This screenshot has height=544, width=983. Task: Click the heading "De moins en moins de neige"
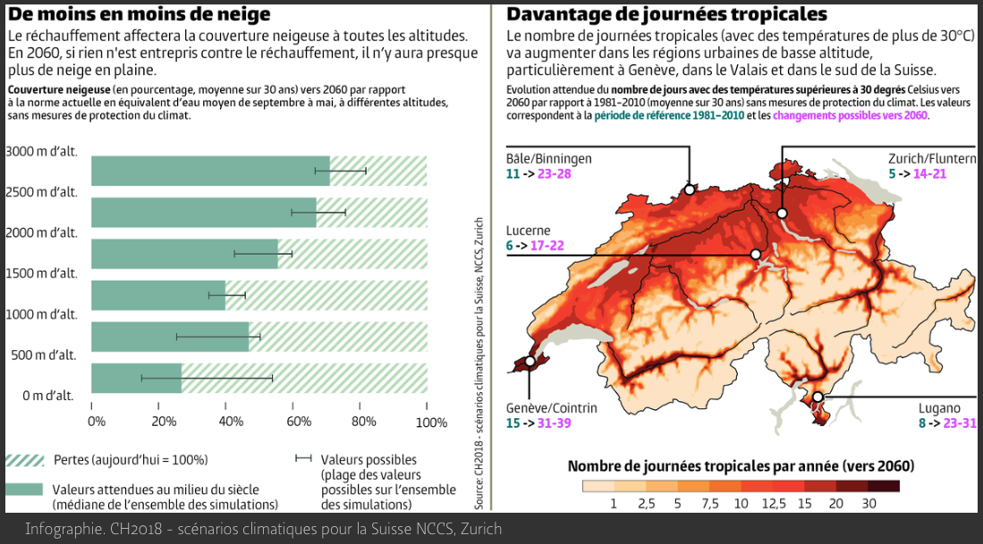139,15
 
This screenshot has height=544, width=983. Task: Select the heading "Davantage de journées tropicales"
666,15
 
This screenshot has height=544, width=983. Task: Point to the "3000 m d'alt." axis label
41,151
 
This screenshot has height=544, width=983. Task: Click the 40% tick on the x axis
231,422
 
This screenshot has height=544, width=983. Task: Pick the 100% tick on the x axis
431,422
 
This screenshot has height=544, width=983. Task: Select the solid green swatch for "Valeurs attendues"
24,490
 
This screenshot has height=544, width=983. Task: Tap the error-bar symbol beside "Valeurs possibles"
302,459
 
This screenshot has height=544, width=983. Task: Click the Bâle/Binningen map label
549,158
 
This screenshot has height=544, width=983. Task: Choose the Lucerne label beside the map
529,230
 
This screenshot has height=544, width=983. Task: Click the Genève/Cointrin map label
551,408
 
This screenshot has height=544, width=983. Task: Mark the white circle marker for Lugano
818,398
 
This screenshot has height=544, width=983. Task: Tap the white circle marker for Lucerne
756,254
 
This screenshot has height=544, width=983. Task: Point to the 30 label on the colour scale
869,504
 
